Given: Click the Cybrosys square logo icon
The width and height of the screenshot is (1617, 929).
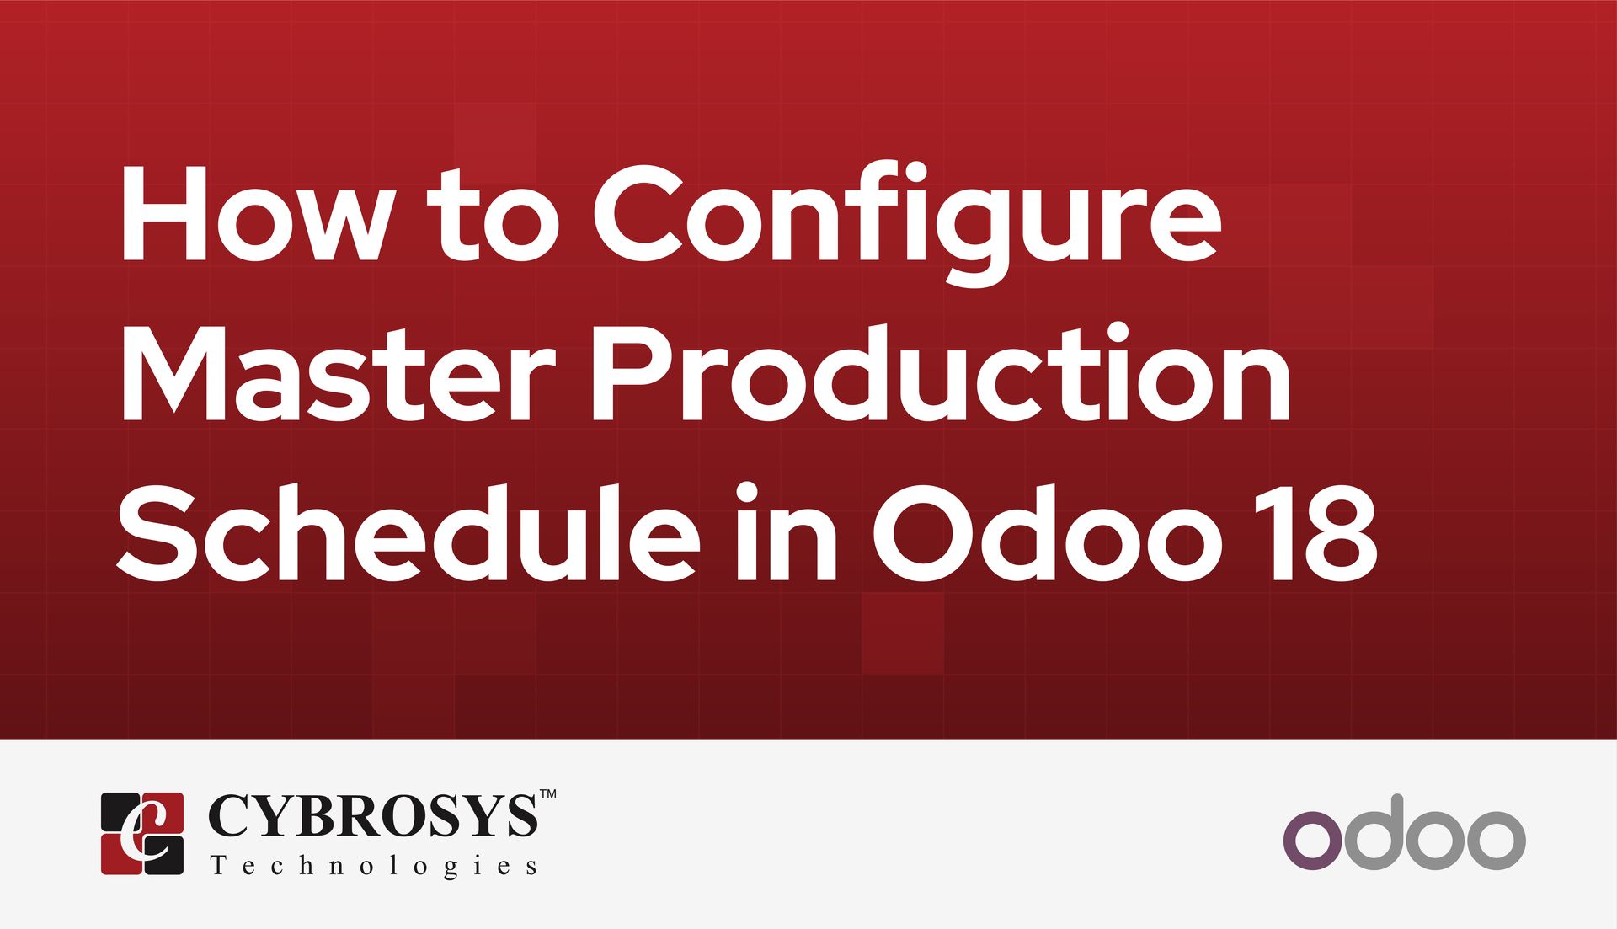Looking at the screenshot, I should [x=142, y=833].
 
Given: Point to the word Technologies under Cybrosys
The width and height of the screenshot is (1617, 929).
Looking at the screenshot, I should [x=373, y=866].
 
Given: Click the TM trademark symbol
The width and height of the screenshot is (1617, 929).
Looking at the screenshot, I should [x=547, y=793].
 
